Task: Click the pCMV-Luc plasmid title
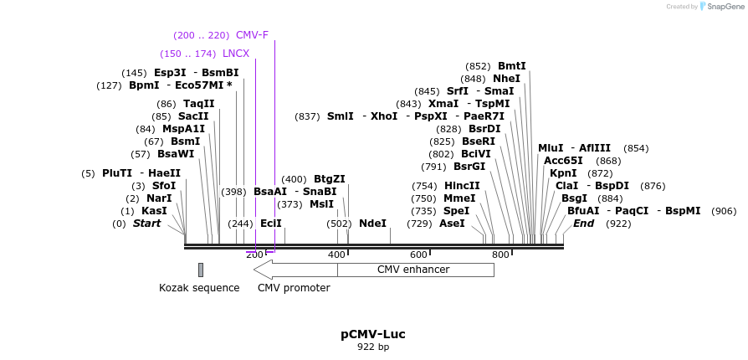(373, 334)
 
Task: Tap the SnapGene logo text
(725, 7)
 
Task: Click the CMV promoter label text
(294, 288)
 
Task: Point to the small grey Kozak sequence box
(201, 270)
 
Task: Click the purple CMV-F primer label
(252, 35)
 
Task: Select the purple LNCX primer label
(236, 54)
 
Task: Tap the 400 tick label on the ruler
(336, 255)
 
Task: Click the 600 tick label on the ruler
(418, 255)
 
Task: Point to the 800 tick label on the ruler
(500, 255)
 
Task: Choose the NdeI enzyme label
(372, 224)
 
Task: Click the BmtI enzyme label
(512, 66)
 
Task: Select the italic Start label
(147, 224)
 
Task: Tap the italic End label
(583, 224)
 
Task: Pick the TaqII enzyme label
(199, 104)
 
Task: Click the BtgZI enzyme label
(330, 179)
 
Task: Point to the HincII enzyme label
(462, 186)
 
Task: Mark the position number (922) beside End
(618, 224)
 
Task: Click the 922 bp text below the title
(373, 347)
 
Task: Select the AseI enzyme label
(452, 224)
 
